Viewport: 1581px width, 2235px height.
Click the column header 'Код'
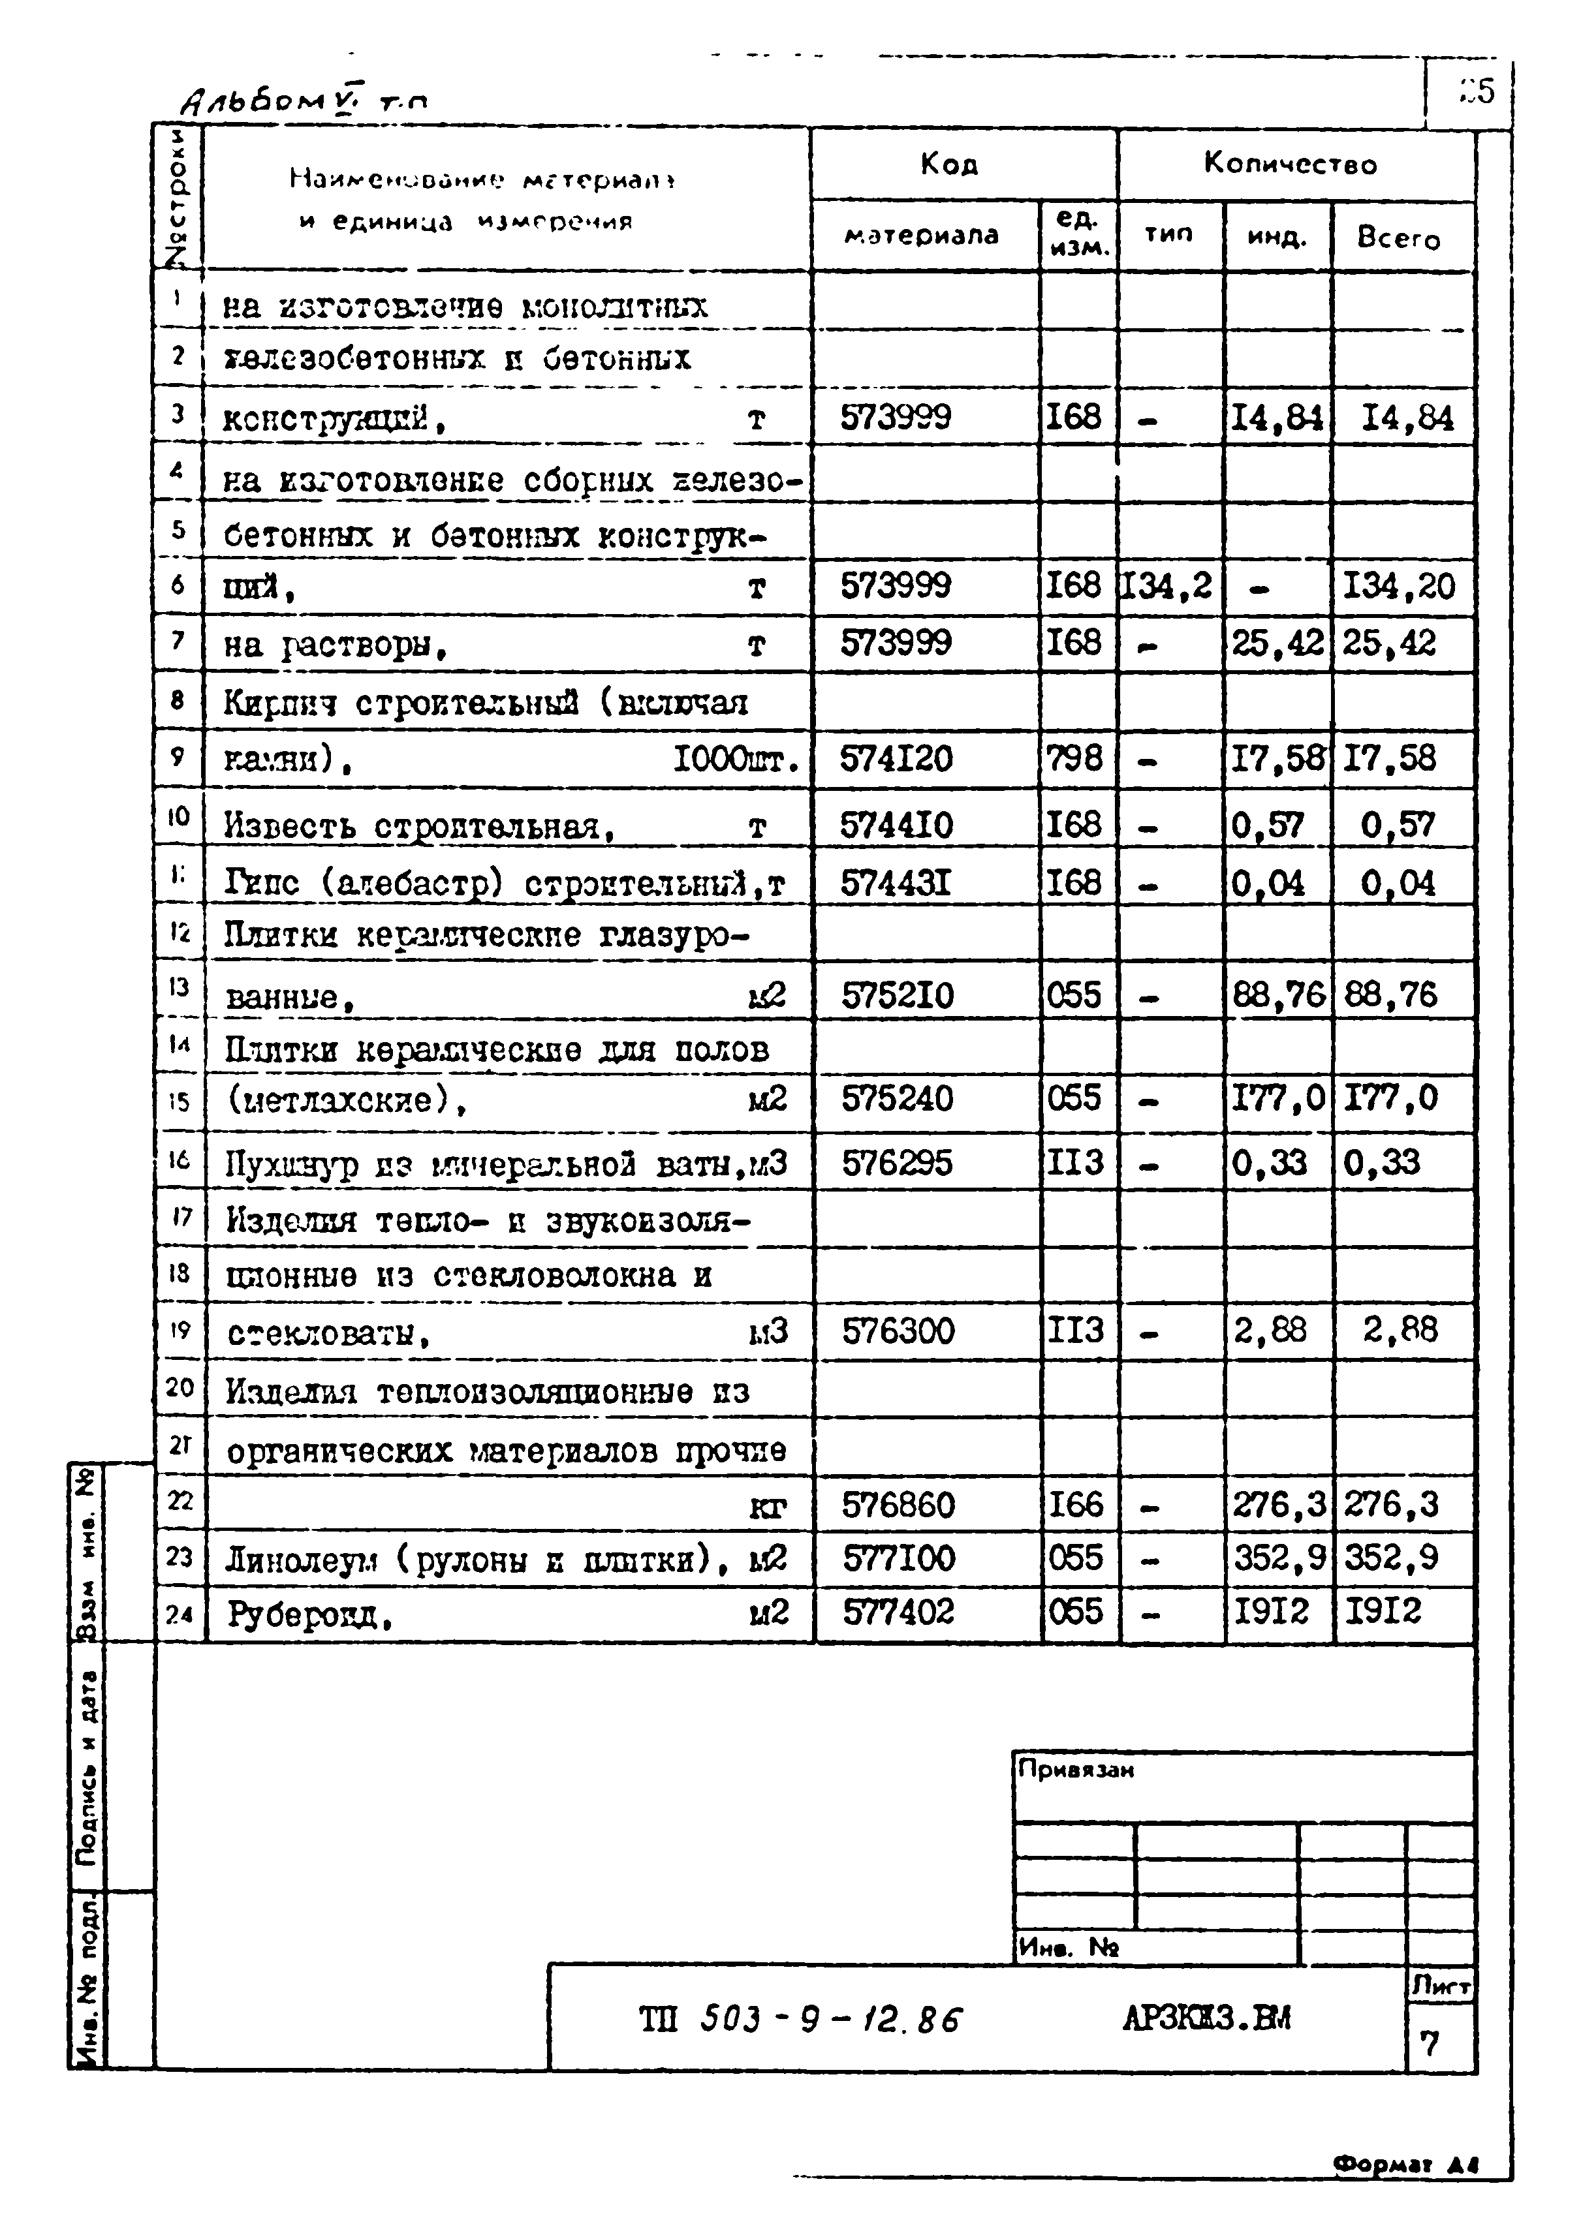click(x=949, y=164)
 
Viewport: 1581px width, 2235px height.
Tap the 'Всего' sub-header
click(x=1398, y=238)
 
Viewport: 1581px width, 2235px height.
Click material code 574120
click(x=897, y=758)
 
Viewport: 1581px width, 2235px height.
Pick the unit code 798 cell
click(x=1074, y=758)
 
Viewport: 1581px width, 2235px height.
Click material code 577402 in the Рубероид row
click(x=899, y=1612)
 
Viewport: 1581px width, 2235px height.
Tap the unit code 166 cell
click(x=1074, y=1505)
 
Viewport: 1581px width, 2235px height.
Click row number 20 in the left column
click(x=179, y=1387)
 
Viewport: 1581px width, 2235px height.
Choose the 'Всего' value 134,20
click(x=1398, y=586)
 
